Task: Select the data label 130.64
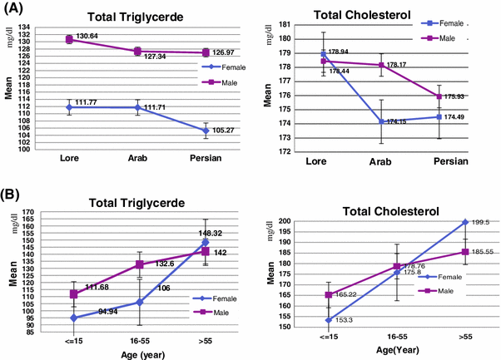(x=87, y=37)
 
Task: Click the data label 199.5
(x=478, y=223)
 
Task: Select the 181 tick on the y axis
(x=285, y=25)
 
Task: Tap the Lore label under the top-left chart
(x=69, y=157)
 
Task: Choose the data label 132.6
(x=163, y=264)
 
